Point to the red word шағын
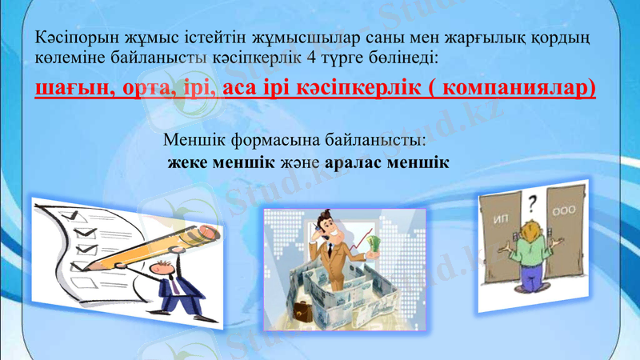pos(70,87)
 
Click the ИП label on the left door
pos(502,217)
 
